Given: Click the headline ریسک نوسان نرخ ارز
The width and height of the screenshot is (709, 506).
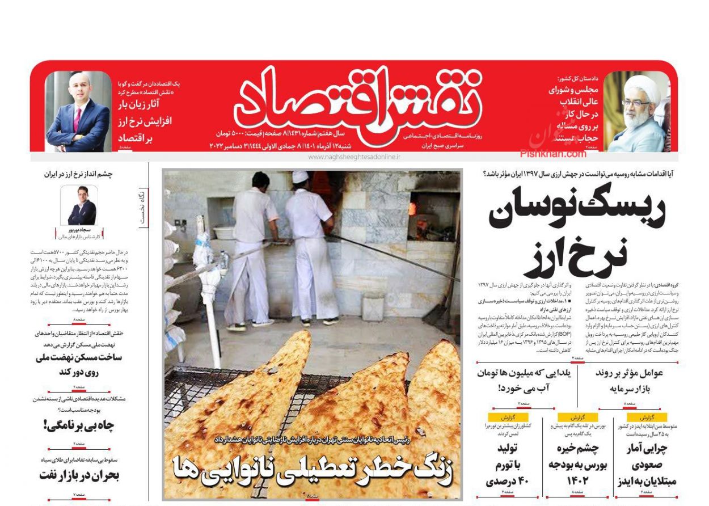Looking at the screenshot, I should (x=576, y=233).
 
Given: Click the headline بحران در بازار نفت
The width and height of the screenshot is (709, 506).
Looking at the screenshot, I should (x=79, y=475).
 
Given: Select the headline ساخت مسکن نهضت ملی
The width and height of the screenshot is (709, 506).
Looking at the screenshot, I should (x=79, y=365).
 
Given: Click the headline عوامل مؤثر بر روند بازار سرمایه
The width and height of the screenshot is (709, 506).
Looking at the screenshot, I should (x=628, y=381).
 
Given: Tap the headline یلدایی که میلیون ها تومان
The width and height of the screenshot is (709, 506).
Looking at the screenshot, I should (x=526, y=381).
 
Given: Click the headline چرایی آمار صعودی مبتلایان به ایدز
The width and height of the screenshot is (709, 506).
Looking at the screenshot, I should (x=645, y=465).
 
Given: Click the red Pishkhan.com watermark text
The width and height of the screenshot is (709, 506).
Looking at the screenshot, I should (x=553, y=153).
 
